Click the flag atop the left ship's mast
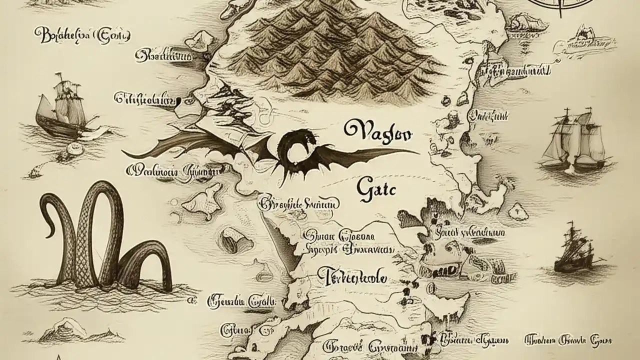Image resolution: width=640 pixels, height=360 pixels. pyautogui.click(x=60, y=76)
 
